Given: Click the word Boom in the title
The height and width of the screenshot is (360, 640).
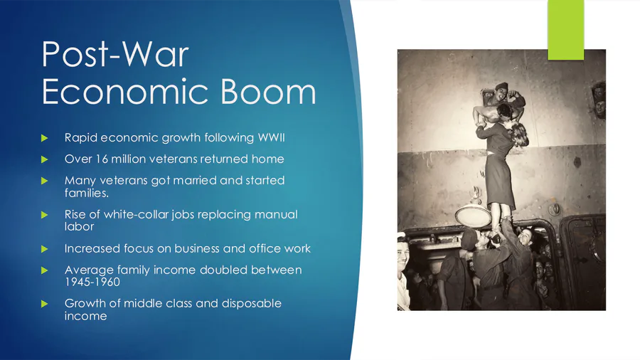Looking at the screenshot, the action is (x=268, y=92).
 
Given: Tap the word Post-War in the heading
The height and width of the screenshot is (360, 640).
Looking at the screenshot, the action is (x=115, y=54).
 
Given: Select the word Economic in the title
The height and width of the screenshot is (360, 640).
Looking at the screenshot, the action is (x=127, y=92).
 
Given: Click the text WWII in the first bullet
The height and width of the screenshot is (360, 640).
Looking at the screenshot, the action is (x=271, y=137).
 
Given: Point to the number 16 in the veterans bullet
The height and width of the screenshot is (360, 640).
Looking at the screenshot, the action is (x=102, y=159).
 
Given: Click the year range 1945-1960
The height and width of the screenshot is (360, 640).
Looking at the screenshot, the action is (x=92, y=282).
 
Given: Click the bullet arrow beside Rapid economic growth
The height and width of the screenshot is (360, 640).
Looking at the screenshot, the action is (x=45, y=138).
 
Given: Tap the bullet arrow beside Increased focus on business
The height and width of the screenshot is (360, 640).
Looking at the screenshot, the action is (x=45, y=249).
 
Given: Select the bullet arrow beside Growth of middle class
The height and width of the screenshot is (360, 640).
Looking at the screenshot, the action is (x=45, y=304).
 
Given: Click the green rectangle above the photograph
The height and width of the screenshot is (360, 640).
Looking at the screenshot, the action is (x=566, y=30).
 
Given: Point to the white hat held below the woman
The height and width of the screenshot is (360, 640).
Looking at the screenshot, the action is (x=474, y=216).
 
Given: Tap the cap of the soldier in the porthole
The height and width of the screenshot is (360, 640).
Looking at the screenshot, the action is (x=501, y=87).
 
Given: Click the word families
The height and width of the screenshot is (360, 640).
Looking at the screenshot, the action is (x=87, y=193).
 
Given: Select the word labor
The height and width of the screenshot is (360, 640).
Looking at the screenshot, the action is (x=79, y=226).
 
